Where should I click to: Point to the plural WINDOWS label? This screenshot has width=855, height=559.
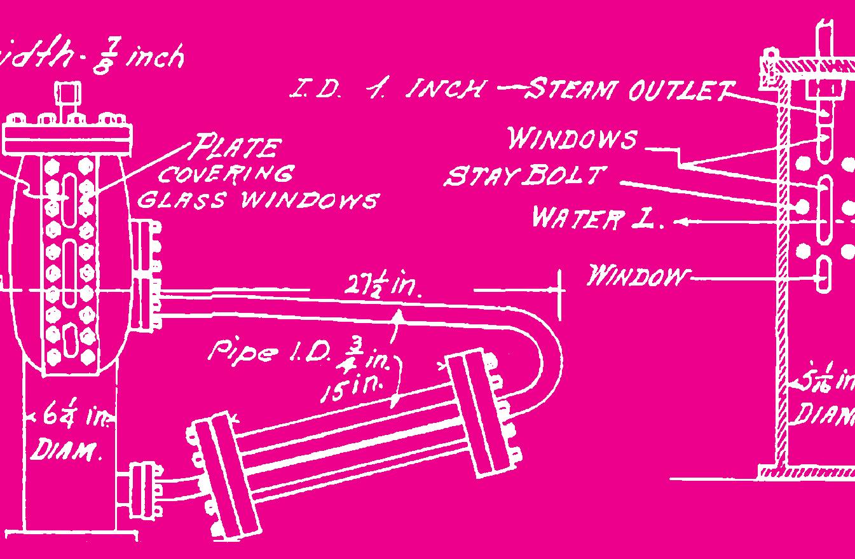click(x=571, y=138)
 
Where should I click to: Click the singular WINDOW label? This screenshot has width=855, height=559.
click(x=638, y=277)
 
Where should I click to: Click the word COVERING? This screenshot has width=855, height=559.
click(x=226, y=174)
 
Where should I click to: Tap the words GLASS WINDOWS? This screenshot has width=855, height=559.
click(x=257, y=200)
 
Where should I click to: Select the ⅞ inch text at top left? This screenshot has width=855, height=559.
click(x=137, y=58)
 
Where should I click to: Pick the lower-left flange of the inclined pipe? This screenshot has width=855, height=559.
click(x=226, y=474)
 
